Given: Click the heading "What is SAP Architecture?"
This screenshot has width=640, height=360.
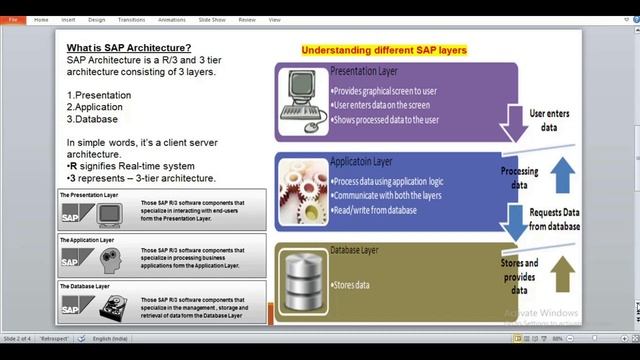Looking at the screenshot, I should (x=129, y=48).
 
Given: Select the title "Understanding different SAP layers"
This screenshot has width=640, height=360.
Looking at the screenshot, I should (x=384, y=50).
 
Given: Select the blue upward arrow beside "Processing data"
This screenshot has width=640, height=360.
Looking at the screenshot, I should (x=562, y=173).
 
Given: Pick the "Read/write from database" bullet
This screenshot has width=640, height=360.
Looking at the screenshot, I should (x=375, y=211).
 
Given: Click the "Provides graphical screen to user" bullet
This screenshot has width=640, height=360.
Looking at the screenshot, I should (x=384, y=91).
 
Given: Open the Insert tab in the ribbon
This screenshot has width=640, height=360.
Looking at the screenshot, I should (x=68, y=19).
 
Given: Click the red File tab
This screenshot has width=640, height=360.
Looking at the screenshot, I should (x=14, y=19).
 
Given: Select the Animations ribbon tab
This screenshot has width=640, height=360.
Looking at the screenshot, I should (x=171, y=19).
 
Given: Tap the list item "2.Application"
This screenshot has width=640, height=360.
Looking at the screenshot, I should (x=95, y=106).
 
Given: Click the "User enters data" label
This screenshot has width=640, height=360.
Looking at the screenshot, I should (x=549, y=121).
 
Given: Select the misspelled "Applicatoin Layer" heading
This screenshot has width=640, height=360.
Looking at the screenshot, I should (x=361, y=161).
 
